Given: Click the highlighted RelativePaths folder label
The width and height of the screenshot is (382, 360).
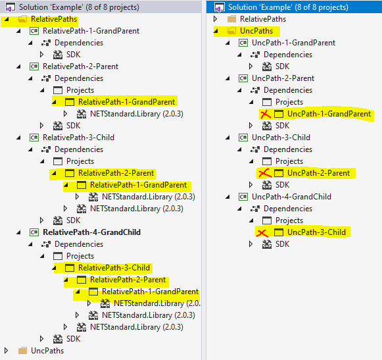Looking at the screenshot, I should coord(54,19).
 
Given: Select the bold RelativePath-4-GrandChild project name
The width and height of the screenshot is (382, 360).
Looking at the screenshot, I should coord(91,232).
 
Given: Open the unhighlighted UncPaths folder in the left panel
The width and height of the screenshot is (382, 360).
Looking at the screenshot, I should coord(48,351).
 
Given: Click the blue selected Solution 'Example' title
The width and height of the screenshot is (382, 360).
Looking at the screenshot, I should coord(288,7).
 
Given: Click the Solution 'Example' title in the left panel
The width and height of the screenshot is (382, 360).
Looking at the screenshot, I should coord(79,7).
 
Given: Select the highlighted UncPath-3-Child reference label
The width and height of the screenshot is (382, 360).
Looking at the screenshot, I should coord(316,232).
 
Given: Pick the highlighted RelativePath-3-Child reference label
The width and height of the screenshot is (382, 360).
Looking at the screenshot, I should coord(114,268).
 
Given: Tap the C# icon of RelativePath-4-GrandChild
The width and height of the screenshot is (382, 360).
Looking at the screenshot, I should coord(34,232).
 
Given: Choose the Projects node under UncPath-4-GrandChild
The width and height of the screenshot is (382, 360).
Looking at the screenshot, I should coord(289,220).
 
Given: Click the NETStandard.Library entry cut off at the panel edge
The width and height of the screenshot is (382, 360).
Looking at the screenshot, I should coord(156,303).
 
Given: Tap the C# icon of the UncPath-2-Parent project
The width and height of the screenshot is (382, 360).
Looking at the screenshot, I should coord(243,78).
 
